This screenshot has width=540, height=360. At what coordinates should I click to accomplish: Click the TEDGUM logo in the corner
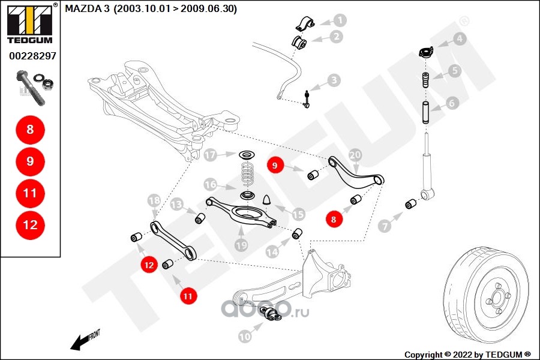click(x=29, y=24)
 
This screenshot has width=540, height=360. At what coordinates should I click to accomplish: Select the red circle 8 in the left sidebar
click(x=30, y=129)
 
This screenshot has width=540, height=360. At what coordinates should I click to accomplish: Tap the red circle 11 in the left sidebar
click(x=30, y=193)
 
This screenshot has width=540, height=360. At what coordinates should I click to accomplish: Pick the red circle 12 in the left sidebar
click(x=30, y=225)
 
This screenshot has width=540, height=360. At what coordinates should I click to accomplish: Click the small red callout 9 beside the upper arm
click(x=274, y=166)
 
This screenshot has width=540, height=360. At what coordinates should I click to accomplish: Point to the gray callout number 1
click(x=340, y=20)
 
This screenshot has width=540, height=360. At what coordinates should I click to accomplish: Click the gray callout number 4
click(x=459, y=40)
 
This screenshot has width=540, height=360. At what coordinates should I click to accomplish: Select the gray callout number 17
click(x=209, y=155)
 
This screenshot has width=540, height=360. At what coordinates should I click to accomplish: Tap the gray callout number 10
click(x=244, y=337)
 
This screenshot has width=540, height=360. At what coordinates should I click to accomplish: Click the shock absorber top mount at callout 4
click(x=425, y=53)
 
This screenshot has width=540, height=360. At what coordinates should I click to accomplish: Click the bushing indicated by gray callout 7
click(x=410, y=204)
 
